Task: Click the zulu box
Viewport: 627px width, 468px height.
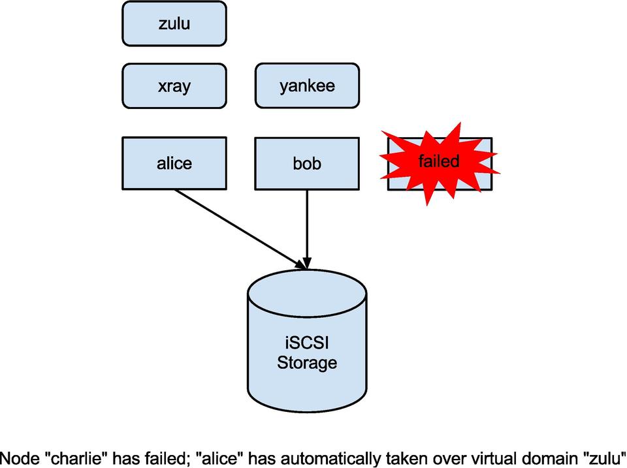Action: click(x=174, y=24)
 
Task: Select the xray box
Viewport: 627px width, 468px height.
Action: click(x=174, y=86)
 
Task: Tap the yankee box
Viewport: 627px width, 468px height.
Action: click(x=307, y=86)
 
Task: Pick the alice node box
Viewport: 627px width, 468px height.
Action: click(x=174, y=163)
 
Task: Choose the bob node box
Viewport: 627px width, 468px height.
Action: click(x=307, y=163)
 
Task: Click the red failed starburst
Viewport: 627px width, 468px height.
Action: click(x=439, y=163)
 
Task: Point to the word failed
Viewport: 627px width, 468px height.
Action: click(x=439, y=161)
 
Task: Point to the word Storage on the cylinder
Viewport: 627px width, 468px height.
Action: click(x=307, y=363)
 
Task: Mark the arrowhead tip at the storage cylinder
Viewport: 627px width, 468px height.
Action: click(x=306, y=268)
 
